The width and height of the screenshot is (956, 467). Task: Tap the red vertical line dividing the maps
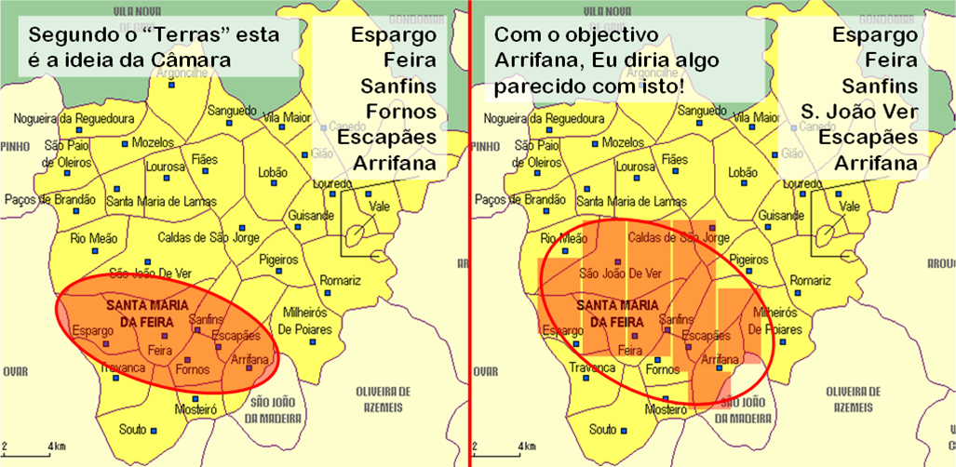[x=471, y=233]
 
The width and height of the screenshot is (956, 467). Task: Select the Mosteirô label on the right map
[x=666, y=409]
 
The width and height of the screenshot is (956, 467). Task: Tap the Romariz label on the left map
[x=340, y=280]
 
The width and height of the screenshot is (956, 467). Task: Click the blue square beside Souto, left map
[x=155, y=430]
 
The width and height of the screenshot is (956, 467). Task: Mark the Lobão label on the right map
[x=743, y=172]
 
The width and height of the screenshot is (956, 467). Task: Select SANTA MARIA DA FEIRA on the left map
[x=147, y=313]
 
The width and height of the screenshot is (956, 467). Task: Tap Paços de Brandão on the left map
[x=50, y=199]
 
